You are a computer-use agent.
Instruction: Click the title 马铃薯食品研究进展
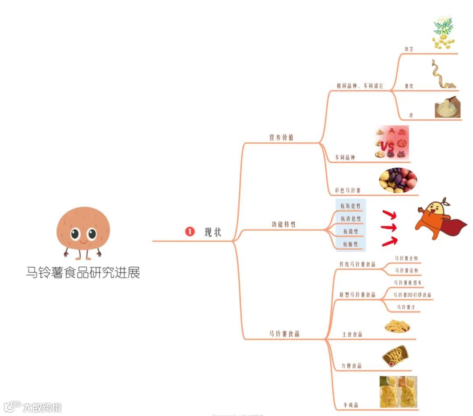click(x=83, y=273)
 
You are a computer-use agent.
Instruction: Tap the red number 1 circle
click(x=190, y=232)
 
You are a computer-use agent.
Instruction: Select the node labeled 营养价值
click(x=281, y=137)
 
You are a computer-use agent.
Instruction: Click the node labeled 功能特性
click(x=283, y=224)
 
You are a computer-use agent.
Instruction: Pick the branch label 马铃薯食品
click(x=284, y=334)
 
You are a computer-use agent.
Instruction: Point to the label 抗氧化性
click(x=350, y=206)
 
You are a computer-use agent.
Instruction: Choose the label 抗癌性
click(x=350, y=244)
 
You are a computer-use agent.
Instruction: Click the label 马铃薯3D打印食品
click(x=412, y=295)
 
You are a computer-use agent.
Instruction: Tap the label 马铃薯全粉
click(x=406, y=258)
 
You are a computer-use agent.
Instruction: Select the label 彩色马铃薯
click(x=348, y=190)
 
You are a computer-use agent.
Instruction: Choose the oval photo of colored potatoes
click(x=398, y=180)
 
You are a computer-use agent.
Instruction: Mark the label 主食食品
click(x=352, y=335)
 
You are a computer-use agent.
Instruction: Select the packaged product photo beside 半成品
click(x=398, y=391)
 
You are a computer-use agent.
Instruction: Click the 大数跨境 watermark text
click(x=42, y=407)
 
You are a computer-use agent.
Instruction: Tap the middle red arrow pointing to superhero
click(x=388, y=227)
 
